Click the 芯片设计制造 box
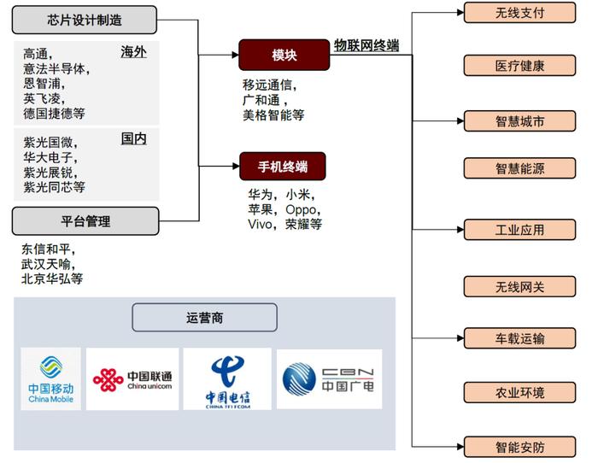click(85, 20)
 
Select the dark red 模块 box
click(284, 55)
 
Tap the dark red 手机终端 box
click(283, 167)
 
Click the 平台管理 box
click(85, 221)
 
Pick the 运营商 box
click(204, 317)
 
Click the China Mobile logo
click(50, 378)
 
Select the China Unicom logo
click(132, 379)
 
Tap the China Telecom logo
click(227, 379)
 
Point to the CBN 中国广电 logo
click(329, 379)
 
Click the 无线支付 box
click(519, 13)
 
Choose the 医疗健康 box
click(519, 66)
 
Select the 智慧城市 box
click(519, 121)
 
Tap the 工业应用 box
click(519, 230)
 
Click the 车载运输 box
click(519, 338)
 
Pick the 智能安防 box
click(519, 447)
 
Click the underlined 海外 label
click(133, 52)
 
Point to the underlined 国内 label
click(133, 139)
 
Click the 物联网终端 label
click(366, 45)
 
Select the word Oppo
click(301, 210)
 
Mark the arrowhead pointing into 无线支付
click(460, 13)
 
